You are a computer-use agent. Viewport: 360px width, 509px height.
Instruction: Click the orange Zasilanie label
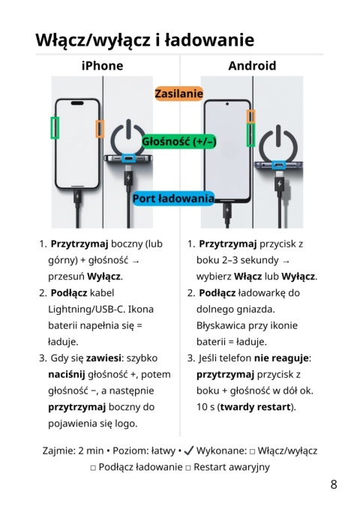coord(178,94)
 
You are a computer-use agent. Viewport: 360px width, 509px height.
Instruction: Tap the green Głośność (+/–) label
coord(179,142)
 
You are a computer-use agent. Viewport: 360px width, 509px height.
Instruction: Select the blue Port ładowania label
coord(173,199)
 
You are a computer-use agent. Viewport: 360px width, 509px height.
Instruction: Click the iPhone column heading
coord(102,65)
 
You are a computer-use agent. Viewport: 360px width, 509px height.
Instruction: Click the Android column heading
coord(252,65)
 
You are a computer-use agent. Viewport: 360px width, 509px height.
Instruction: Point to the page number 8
coord(334,484)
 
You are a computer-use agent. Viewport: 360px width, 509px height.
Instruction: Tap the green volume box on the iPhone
coord(55,128)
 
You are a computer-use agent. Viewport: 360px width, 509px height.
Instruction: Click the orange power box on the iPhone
coord(100,129)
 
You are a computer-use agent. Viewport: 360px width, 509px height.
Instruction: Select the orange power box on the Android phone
coord(250,116)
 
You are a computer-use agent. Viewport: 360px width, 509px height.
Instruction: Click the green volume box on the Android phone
coord(250,135)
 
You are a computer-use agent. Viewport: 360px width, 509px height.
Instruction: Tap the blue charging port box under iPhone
coord(128,158)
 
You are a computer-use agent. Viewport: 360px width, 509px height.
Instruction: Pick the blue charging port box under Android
coord(279,165)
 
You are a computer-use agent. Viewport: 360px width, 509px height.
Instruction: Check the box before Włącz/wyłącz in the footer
coord(252,451)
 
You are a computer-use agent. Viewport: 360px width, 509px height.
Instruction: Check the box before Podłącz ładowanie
coord(93,468)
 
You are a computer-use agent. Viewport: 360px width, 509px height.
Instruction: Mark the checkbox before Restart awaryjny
coord(188,468)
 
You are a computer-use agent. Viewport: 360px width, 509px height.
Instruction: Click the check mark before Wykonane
coord(188,451)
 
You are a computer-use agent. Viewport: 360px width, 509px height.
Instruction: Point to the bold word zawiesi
coord(103,358)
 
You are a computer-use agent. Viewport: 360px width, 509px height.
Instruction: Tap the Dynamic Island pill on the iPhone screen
coord(77,103)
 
